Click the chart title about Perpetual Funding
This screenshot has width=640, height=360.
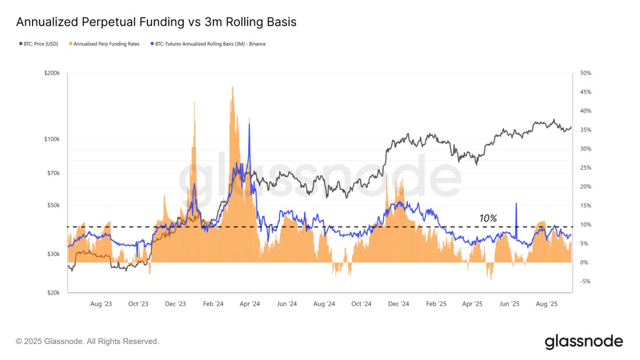point(156,22)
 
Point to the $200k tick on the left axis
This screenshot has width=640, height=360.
point(52,73)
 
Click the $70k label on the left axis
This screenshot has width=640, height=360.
point(53,173)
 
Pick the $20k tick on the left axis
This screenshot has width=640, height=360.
point(53,292)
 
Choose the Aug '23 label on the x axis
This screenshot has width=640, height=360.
point(101,304)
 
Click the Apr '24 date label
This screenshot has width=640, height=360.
point(249,304)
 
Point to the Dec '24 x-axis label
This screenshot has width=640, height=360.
point(398,304)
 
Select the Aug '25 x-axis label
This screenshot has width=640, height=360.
point(546,304)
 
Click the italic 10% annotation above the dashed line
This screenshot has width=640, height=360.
point(488,218)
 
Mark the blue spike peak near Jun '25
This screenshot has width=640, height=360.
point(516,204)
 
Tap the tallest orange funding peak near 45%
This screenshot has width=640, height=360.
point(232,87)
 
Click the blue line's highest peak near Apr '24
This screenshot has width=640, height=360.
point(249,124)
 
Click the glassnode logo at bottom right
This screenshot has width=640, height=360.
point(584,341)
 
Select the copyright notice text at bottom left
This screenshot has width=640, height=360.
point(87,341)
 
